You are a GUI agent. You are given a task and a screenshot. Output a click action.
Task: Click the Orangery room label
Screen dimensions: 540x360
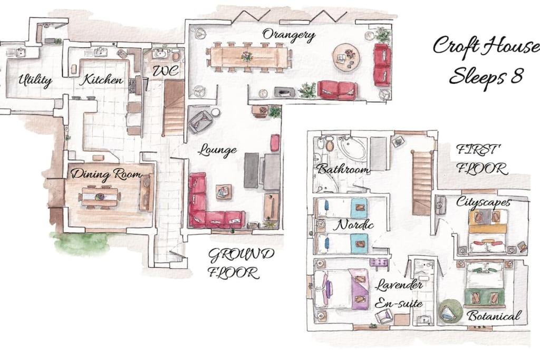pyautogui.click(x=288, y=35)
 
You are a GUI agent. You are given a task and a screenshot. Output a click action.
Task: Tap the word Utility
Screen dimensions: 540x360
pyautogui.click(x=35, y=81)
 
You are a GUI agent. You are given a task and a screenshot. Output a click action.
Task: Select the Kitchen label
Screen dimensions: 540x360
pyautogui.click(x=101, y=80)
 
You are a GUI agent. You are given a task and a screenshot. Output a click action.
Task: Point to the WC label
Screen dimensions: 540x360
pyautogui.click(x=166, y=71)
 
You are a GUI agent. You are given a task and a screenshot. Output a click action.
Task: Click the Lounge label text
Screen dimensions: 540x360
pyautogui.click(x=218, y=150)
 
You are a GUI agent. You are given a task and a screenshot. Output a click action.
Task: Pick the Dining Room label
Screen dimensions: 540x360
pyautogui.click(x=106, y=174)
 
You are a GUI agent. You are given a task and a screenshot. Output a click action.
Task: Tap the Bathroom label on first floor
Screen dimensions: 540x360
pyautogui.click(x=343, y=169)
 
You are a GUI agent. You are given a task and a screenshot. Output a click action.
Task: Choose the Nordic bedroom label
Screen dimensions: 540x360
pyautogui.click(x=355, y=225)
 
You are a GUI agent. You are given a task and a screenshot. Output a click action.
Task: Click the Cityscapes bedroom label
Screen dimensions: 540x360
pyautogui.click(x=483, y=202)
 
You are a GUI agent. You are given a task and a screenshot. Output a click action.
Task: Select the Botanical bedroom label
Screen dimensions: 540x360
pyautogui.click(x=494, y=316)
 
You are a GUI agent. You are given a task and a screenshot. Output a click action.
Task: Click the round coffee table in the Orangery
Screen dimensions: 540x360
pyautogui.click(x=346, y=56)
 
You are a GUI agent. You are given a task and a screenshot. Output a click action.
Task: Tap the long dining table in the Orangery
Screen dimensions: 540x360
pyautogui.click(x=249, y=57)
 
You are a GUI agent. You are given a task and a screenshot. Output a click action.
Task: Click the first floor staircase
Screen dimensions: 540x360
pyautogui.click(x=421, y=183)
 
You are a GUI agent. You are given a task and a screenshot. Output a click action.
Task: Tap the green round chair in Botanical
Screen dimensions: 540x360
pyautogui.click(x=450, y=311)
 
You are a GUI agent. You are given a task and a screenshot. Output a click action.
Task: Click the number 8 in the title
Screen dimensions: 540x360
pyautogui.click(x=516, y=76)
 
